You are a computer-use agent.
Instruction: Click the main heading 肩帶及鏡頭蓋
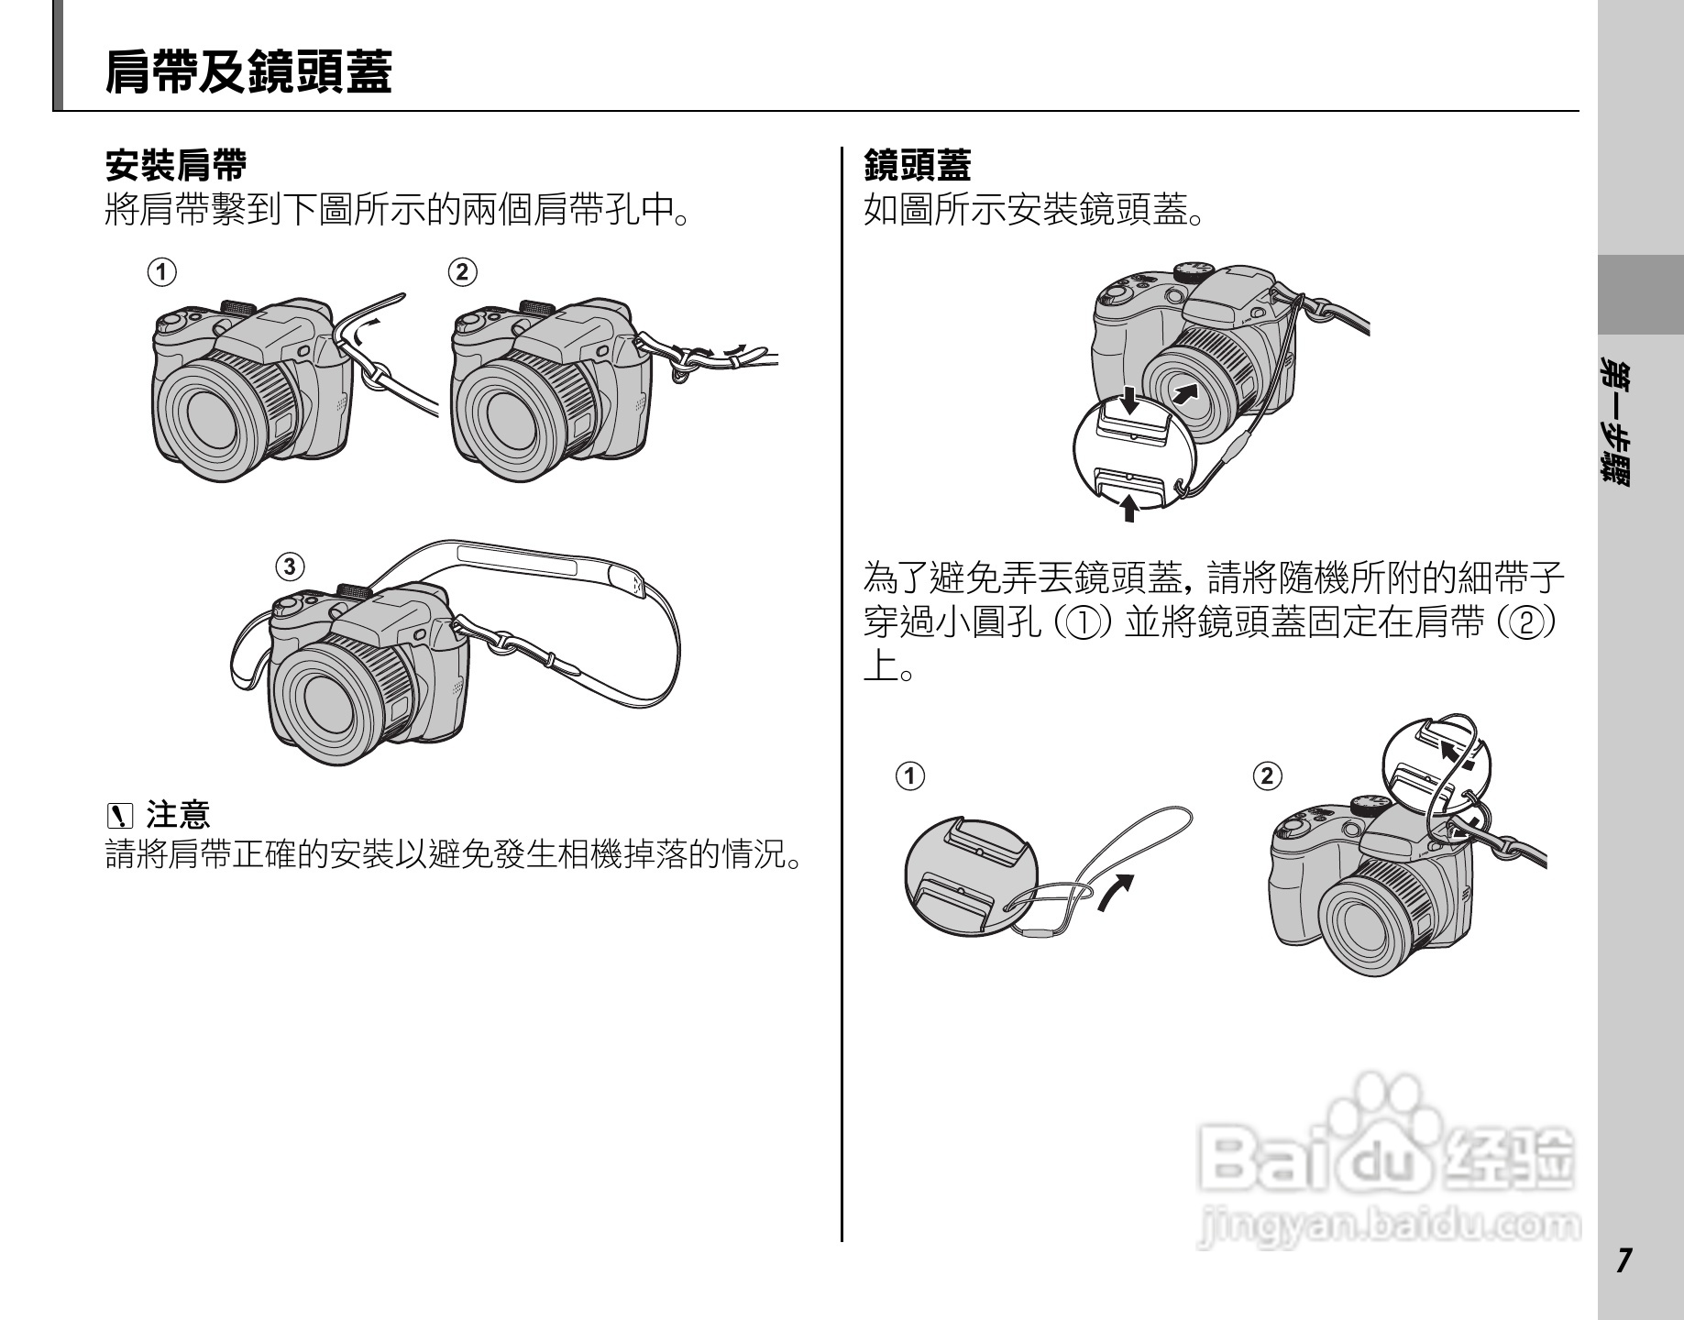pos(248,71)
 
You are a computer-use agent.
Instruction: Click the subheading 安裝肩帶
pos(176,166)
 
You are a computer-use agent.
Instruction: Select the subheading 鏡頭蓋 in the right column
pos(918,166)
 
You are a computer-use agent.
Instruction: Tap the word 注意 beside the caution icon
pos(178,812)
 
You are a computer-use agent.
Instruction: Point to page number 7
pos(1623,1261)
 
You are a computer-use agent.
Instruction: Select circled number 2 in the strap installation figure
pos(463,272)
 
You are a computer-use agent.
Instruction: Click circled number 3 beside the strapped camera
pos(291,566)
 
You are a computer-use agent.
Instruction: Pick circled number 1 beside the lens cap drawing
pos(910,775)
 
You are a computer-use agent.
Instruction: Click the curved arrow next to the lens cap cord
pos(1115,892)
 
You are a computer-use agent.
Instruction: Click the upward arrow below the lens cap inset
pos(1129,506)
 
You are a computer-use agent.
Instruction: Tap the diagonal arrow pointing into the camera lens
pos(1185,394)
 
